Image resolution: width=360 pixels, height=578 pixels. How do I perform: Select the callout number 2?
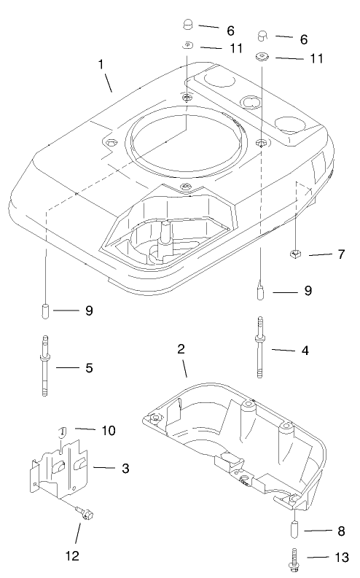click(180, 349)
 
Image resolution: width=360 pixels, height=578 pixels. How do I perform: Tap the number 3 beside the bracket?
click(125, 467)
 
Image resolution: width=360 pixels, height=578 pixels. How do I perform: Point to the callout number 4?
click(305, 350)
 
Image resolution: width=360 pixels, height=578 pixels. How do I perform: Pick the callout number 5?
click(89, 368)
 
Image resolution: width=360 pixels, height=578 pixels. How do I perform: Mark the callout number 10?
click(108, 431)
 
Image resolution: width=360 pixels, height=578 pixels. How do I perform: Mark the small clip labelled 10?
click(62, 430)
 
